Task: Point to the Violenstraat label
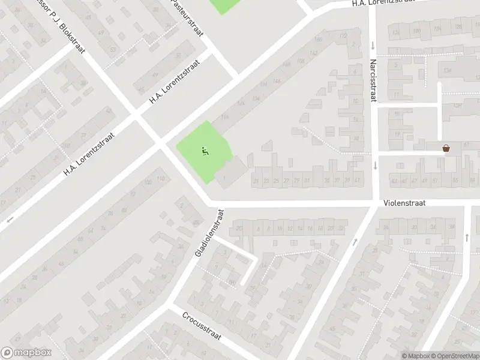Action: click(405, 203)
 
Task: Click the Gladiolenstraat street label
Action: click(208, 233)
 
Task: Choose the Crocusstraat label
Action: click(202, 326)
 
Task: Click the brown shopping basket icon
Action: click(446, 148)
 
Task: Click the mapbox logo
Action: click(26, 353)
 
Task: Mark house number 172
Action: click(343, 36)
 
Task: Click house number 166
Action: click(317, 40)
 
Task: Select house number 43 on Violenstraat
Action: click(394, 181)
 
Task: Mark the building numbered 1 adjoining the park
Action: click(224, 178)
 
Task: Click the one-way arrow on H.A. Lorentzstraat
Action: click(8, 220)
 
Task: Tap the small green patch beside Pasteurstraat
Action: click(223, 6)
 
